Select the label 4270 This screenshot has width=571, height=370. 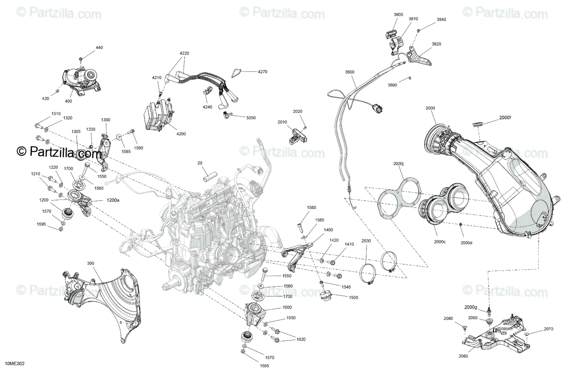(263, 72)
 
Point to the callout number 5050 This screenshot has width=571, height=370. (251, 117)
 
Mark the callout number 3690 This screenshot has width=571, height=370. (392, 85)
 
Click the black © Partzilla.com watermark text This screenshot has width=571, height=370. (59, 152)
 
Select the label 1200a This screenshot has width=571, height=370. (113, 200)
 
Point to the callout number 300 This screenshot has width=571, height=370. (90, 263)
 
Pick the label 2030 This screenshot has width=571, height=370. (366, 241)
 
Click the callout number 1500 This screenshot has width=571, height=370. (353, 297)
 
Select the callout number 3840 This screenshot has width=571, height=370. (442, 20)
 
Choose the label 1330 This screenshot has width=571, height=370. (90, 130)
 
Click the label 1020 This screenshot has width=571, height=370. (300, 339)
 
